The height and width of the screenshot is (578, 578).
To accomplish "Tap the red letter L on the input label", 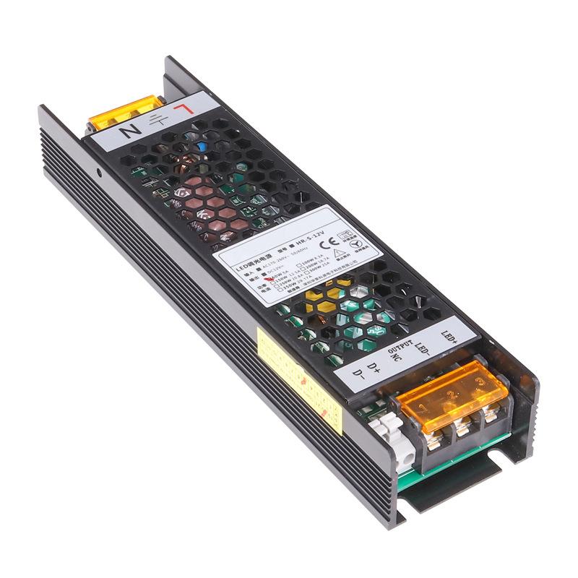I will pos(186,111).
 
